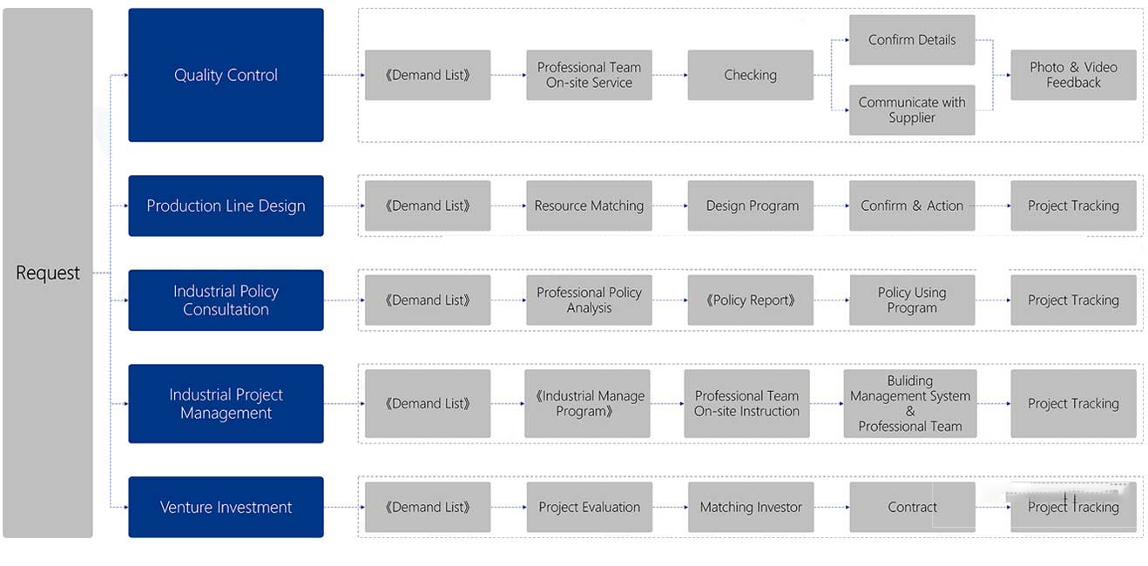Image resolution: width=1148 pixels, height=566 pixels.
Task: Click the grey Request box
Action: click(48, 273)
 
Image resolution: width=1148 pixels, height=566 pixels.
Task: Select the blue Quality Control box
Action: click(226, 75)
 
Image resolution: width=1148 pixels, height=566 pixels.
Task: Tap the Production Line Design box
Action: click(226, 206)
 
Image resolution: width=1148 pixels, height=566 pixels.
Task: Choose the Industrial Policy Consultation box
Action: click(226, 300)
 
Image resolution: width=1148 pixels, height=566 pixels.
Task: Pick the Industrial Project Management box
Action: click(226, 404)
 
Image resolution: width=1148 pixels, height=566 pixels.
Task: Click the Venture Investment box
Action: click(226, 507)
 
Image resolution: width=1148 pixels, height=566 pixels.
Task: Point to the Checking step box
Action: click(750, 75)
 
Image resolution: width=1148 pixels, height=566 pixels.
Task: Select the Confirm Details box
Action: click(912, 40)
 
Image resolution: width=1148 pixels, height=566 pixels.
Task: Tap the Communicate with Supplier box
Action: click(912, 110)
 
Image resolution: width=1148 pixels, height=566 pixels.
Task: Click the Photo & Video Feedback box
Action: click(1073, 75)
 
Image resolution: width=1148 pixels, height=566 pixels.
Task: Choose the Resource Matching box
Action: click(589, 206)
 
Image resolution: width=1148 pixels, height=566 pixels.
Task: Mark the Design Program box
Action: click(750, 206)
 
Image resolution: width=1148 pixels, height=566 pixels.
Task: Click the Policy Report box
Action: click(750, 300)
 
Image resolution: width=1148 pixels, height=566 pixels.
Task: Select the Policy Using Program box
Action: click(912, 300)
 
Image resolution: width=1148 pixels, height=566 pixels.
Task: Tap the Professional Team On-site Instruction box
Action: click(746, 404)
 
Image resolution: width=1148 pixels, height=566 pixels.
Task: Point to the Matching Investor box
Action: click(751, 507)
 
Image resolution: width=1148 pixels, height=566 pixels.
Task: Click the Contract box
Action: click(912, 507)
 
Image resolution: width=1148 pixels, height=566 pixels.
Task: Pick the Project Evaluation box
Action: click(590, 507)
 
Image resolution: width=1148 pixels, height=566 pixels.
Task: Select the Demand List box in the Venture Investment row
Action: click(428, 507)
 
